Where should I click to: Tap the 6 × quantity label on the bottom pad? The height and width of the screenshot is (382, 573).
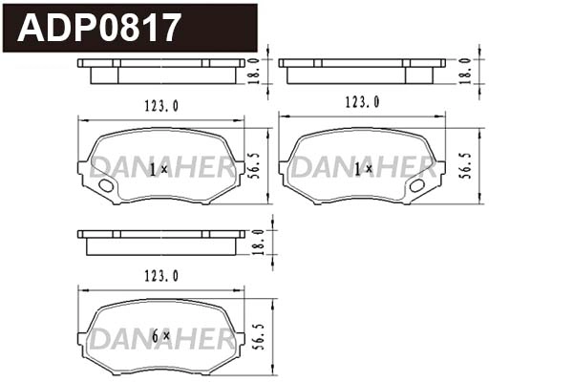pos(159,336)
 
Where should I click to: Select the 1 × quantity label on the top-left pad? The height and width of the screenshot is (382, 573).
pos(159,168)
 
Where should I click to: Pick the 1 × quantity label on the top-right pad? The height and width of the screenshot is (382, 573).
pos(362,168)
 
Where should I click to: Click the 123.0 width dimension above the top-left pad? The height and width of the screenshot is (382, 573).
pos(161,107)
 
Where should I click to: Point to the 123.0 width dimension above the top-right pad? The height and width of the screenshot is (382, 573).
pos(362,101)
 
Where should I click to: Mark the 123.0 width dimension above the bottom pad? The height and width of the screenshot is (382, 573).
pos(161,276)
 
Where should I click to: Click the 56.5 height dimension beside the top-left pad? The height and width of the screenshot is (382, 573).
pos(255,164)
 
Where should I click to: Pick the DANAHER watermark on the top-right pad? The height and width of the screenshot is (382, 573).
pos(363,168)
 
